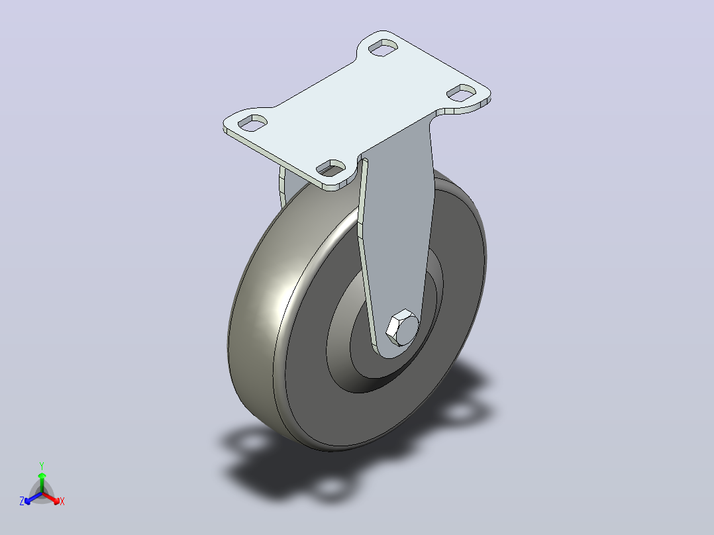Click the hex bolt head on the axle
point(402,327)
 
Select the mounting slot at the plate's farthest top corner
point(383,48)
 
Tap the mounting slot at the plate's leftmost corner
point(252,123)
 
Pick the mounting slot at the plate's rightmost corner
point(461,93)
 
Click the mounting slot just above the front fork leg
point(331,168)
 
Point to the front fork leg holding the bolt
point(396,237)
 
